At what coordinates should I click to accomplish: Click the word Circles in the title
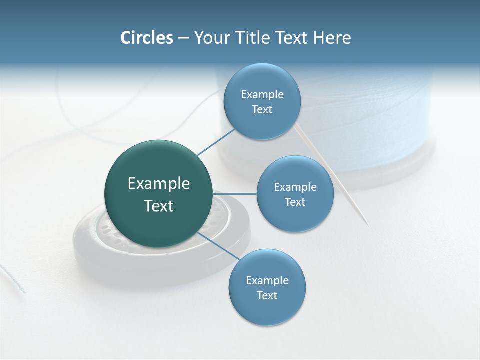point(146,38)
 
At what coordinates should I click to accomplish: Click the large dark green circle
point(159,194)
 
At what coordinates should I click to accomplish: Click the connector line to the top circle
point(216,142)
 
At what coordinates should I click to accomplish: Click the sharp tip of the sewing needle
point(368,226)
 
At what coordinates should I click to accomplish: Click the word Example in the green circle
point(159,184)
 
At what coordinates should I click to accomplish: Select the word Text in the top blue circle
point(262,110)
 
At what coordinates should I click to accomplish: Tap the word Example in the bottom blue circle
point(267,281)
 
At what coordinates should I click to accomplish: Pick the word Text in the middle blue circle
point(295,202)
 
